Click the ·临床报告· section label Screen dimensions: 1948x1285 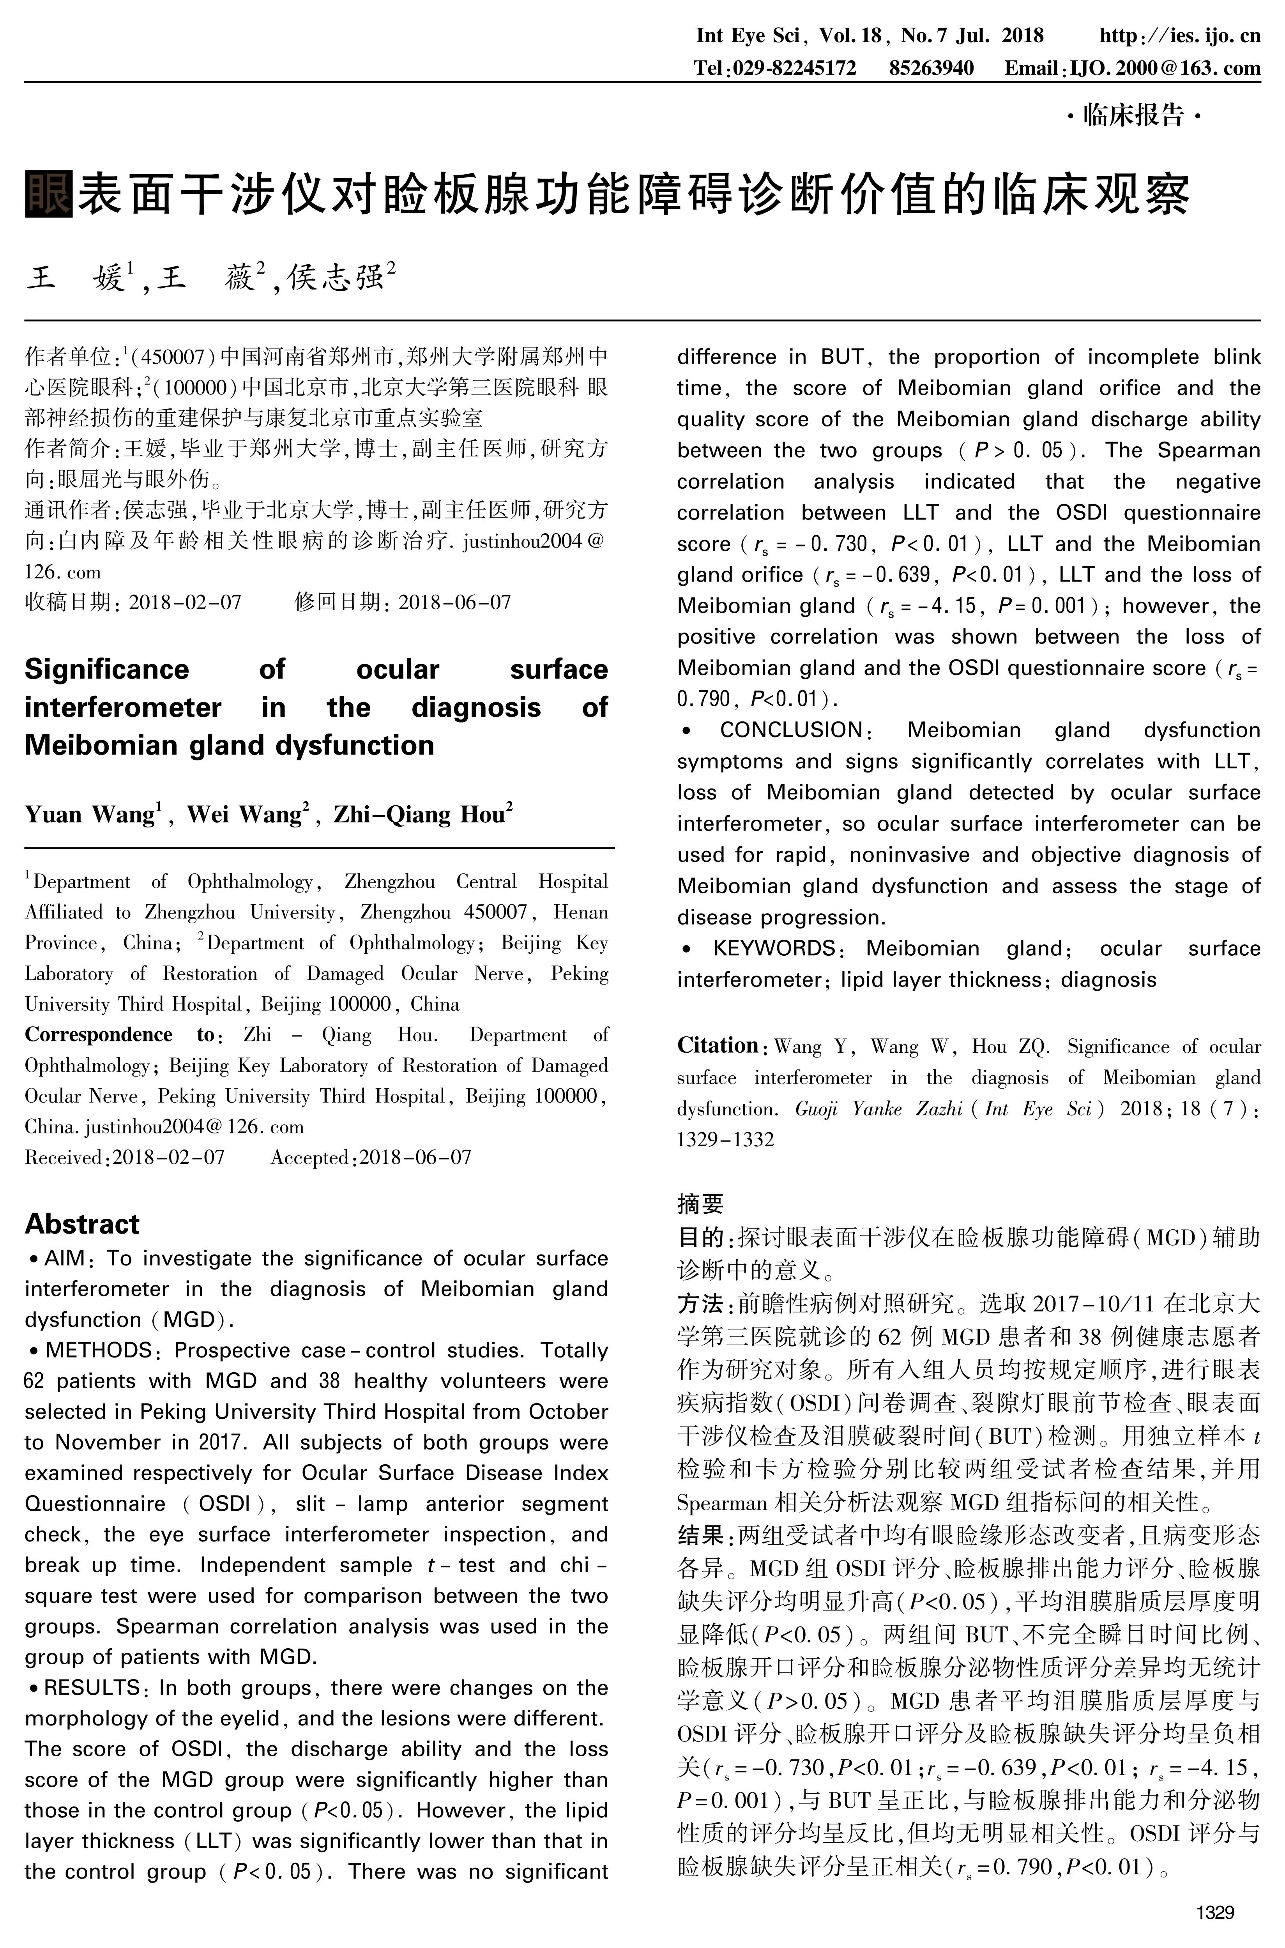1133,115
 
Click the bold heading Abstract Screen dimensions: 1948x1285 82,1223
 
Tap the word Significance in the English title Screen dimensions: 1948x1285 106,670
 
